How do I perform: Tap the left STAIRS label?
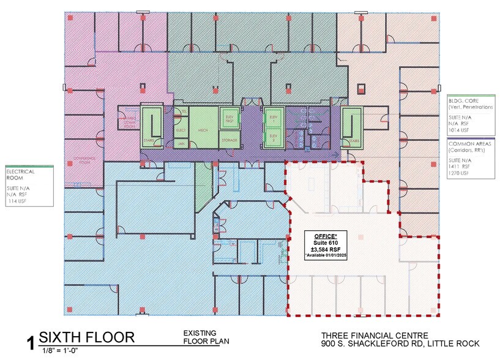tap(149, 140)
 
